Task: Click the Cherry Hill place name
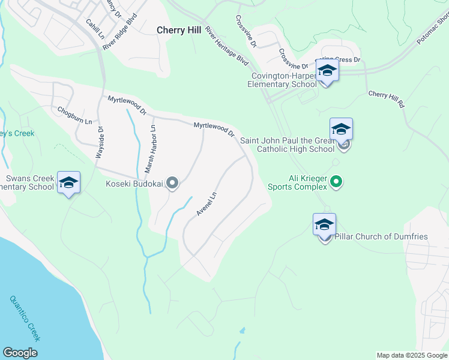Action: (x=179, y=29)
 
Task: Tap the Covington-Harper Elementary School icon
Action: (x=327, y=71)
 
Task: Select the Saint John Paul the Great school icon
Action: (x=340, y=130)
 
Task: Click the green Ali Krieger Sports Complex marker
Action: (x=336, y=181)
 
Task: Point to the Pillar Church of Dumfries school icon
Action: (x=324, y=225)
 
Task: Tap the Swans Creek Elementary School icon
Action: (x=68, y=182)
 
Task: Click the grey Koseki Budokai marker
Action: (x=172, y=183)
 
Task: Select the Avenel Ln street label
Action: (x=206, y=205)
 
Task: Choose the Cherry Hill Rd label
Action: (x=386, y=98)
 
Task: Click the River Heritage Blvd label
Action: (x=226, y=46)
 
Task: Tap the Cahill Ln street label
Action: (x=95, y=28)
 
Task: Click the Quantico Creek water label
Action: (x=26, y=319)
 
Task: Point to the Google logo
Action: (x=20, y=353)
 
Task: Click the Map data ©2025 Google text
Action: (x=411, y=355)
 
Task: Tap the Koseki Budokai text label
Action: (x=136, y=184)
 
